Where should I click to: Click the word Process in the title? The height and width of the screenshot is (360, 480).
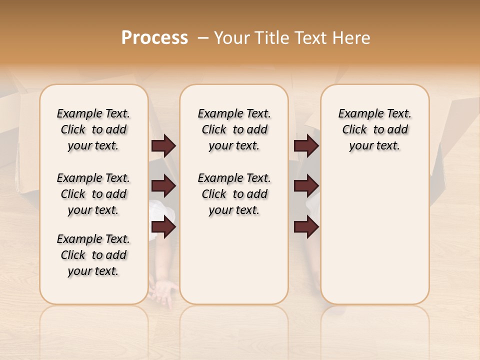click(x=154, y=38)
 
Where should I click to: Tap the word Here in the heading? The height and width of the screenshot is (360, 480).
click(x=351, y=38)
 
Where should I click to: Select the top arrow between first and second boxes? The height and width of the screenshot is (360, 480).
click(x=163, y=146)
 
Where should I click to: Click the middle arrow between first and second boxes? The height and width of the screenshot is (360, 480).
click(x=163, y=186)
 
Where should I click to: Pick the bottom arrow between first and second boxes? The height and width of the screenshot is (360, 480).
click(x=163, y=227)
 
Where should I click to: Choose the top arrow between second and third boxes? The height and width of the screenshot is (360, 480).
click(x=306, y=146)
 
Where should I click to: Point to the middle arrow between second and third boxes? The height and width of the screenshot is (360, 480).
click(x=306, y=186)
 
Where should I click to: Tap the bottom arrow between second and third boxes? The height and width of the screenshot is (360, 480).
click(x=306, y=227)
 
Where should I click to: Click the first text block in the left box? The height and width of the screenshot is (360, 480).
click(x=93, y=129)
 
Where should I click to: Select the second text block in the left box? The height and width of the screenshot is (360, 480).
click(x=93, y=194)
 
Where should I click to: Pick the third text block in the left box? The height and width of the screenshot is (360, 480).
click(x=93, y=255)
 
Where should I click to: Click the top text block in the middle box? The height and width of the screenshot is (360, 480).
click(x=234, y=129)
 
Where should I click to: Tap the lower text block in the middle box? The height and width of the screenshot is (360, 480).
click(x=234, y=194)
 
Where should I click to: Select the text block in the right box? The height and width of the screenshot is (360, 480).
click(x=375, y=129)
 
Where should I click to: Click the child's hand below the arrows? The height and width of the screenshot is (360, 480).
click(x=164, y=291)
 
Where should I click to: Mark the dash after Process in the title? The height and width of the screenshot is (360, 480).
click(x=203, y=38)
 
